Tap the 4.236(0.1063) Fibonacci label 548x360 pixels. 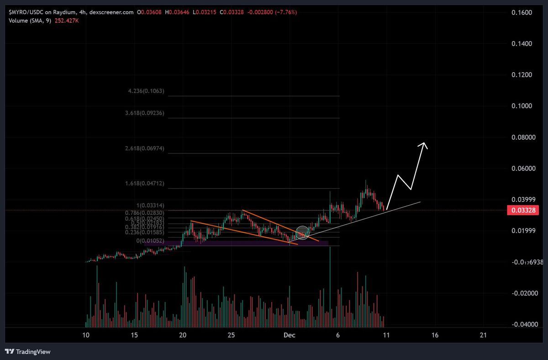coord(146,91)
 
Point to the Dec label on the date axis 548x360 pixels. coord(289,335)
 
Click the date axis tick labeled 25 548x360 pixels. coord(231,335)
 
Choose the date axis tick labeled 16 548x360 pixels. coord(435,335)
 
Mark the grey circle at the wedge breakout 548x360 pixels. coord(302,233)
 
